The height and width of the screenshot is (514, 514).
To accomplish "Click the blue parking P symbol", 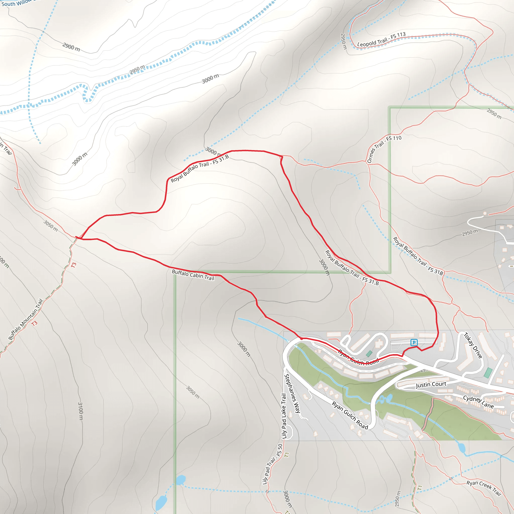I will coord(414,342).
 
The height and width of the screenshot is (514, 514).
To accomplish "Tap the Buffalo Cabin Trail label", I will coord(193,275).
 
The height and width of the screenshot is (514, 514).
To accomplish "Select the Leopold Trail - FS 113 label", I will coord(381,40).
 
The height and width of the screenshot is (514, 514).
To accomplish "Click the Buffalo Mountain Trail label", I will coord(26,319).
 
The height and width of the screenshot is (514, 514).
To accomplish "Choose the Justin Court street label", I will coord(431,384).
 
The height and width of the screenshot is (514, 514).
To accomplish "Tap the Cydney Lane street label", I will coord(478,402).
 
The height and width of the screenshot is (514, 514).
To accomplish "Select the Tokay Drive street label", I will coord(473,345).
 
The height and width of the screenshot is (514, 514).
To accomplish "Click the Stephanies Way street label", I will coord(292,394).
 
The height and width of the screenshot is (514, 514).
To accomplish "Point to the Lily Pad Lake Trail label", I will coord(284,416).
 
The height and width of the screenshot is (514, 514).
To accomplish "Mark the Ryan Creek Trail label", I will coord(484,488).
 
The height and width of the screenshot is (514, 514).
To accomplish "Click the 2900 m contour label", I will coord(71,47).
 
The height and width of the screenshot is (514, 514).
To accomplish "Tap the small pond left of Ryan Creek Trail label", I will coord(461,447).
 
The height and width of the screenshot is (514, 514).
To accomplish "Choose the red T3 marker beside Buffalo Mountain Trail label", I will coord(34,324).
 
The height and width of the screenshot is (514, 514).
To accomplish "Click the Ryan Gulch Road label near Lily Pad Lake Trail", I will coord(350,416).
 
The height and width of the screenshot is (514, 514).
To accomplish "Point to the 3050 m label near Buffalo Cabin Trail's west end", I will coord(50,226).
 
